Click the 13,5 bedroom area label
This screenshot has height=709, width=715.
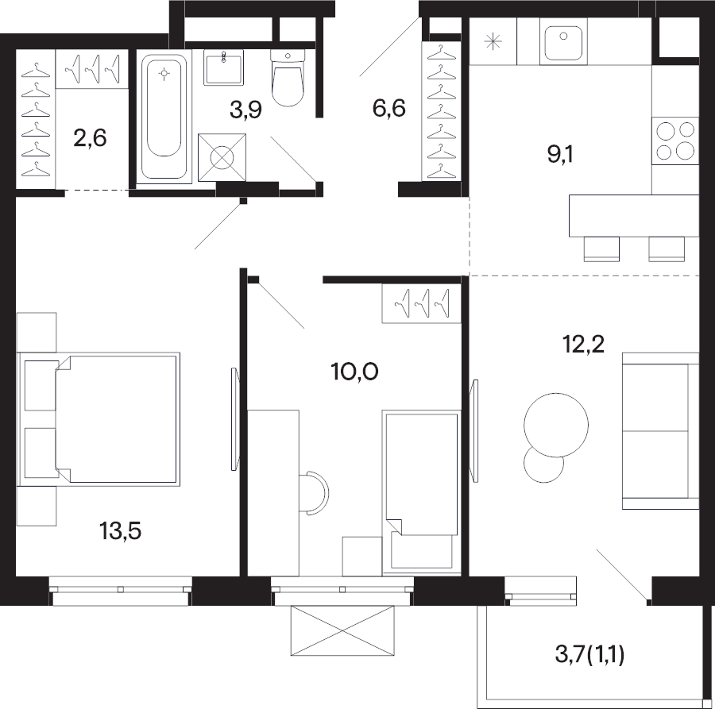point(121,531)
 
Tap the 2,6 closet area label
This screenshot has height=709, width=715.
point(90,137)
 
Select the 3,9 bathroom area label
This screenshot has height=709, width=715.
point(245,110)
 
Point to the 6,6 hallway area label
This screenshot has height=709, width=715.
point(389,109)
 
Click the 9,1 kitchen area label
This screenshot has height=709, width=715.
point(560,155)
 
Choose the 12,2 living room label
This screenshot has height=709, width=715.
point(584,344)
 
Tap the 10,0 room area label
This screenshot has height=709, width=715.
point(355,372)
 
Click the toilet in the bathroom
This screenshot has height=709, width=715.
point(288,78)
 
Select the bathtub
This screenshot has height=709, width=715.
point(164,117)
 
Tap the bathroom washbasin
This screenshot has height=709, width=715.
point(223,67)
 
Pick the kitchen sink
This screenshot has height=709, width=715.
point(563,41)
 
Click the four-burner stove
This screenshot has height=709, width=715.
point(674,141)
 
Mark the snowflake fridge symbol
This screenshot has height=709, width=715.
point(493,42)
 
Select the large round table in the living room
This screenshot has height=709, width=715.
point(556,425)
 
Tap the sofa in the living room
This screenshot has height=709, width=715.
point(660,431)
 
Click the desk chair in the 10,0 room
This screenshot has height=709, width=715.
point(314,494)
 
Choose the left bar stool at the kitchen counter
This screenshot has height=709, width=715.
point(602,249)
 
